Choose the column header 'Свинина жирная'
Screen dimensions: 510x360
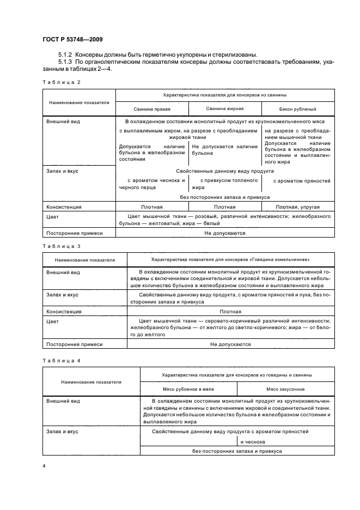pyautogui.click(x=225, y=109)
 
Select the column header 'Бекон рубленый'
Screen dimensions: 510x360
pyautogui.click(x=297, y=109)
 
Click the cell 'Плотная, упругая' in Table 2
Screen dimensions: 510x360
pyautogui.click(x=297, y=207)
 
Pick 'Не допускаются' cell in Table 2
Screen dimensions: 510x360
pyautogui.click(x=225, y=233)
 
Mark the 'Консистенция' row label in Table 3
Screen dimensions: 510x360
pyautogui.click(x=64, y=312)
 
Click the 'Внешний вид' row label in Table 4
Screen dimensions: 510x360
pyautogui.click(x=63, y=400)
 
